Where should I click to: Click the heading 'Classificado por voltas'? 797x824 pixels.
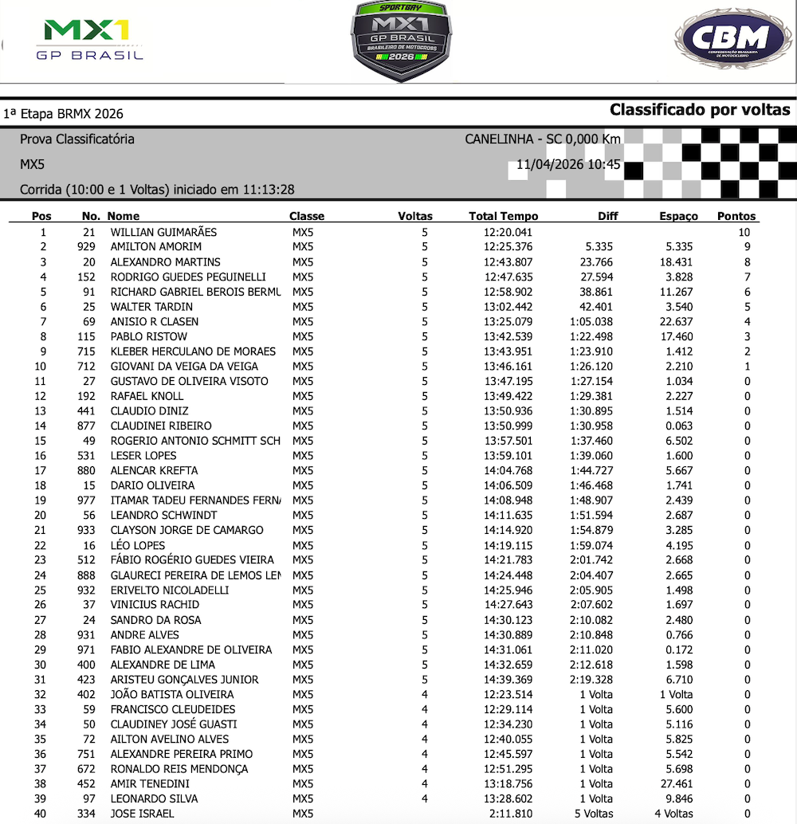pos(700,110)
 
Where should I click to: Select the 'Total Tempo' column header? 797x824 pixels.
pos(504,216)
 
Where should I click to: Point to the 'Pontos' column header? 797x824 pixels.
pos(736,216)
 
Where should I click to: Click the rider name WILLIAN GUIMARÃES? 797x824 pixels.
pos(163,232)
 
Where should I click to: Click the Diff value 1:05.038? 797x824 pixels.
pos(591,322)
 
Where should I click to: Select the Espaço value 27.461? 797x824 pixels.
pos(673,783)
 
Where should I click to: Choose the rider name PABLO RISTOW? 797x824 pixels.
pos(149,336)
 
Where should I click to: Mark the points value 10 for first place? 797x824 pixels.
pos(744,232)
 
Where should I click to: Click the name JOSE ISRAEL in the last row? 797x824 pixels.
pos(142,814)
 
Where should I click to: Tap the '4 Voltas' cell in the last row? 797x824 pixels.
pos(673,814)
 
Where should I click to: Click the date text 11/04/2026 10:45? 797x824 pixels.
pos(568,165)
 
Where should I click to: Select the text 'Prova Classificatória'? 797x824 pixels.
pos(77,139)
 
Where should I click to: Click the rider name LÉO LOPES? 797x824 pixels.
pos(138,545)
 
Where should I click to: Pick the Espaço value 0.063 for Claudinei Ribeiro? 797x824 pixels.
pos(677,426)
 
